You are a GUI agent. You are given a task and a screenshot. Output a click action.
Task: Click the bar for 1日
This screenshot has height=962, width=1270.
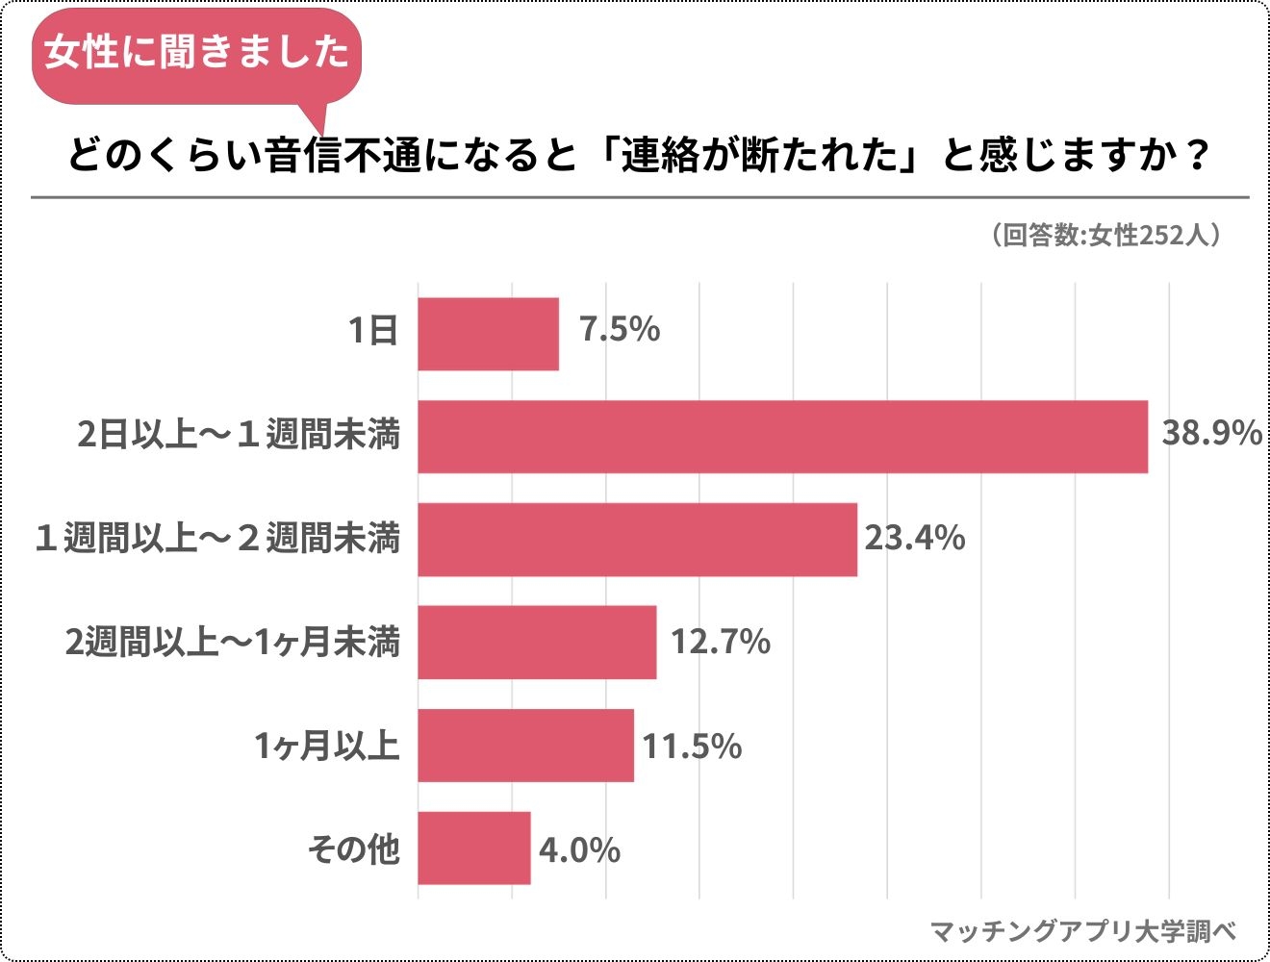click(x=488, y=334)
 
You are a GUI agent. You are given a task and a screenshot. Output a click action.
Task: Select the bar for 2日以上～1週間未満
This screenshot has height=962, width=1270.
click(x=782, y=437)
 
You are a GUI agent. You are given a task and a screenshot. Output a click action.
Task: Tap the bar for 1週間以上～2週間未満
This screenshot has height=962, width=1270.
click(x=637, y=540)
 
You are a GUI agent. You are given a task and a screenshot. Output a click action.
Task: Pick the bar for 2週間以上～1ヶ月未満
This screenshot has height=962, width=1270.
click(x=537, y=643)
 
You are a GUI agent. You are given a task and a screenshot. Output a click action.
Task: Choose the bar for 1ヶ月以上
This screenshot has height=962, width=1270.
click(x=525, y=746)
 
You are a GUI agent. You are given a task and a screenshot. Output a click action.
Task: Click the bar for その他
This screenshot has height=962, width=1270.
click(x=473, y=848)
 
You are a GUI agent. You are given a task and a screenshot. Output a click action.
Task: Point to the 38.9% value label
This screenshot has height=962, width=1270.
click(x=1211, y=434)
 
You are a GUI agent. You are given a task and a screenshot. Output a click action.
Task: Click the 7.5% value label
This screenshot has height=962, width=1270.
click(x=620, y=330)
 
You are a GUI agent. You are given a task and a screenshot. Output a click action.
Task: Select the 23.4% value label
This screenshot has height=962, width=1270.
click(x=914, y=538)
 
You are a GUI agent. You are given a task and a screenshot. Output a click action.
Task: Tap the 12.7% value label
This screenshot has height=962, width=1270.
click(x=720, y=642)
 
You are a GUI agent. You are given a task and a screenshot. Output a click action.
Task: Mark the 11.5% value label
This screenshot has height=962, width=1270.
click(x=692, y=747)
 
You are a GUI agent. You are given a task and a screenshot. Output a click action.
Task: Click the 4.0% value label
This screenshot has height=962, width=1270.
click(x=579, y=850)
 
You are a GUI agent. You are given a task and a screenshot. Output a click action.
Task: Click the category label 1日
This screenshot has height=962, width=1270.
click(x=373, y=332)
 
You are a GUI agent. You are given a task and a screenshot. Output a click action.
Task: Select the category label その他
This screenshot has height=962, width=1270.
click(x=353, y=849)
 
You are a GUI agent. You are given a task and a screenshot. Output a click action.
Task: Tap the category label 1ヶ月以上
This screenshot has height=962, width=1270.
click(x=326, y=746)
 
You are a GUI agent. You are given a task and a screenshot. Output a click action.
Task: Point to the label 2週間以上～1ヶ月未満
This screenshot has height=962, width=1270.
click(x=232, y=642)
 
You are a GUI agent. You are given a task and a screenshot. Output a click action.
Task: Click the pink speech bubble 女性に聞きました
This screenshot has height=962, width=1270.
click(x=197, y=52)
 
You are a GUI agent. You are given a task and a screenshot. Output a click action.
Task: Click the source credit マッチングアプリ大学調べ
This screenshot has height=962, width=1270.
click(x=1083, y=931)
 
